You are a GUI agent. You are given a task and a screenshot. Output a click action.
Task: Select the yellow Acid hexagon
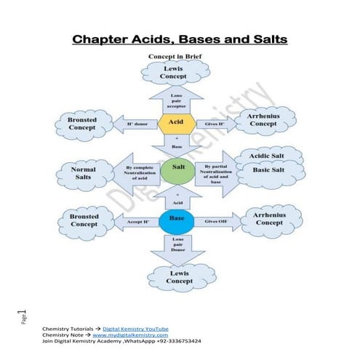click(175, 123)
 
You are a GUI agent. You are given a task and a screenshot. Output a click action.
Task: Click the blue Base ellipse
click(175, 219)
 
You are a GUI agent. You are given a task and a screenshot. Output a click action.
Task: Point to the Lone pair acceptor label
click(176, 101)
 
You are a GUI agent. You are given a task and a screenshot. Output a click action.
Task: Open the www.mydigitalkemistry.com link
click(132, 335)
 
